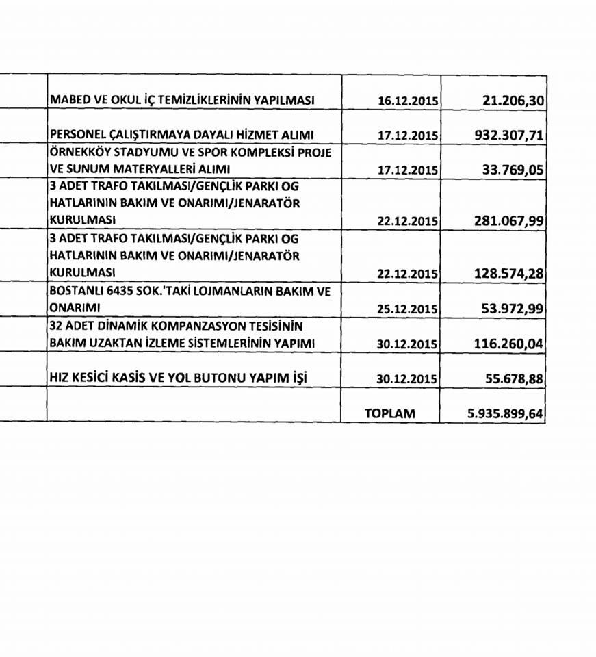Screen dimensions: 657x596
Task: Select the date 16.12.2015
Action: coord(408,101)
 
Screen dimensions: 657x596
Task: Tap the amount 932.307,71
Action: coord(508,136)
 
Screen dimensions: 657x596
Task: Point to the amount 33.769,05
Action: coord(512,168)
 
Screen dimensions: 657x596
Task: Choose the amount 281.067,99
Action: coord(508,220)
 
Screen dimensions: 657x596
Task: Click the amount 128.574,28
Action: coord(508,273)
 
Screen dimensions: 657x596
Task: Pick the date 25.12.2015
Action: coord(408,309)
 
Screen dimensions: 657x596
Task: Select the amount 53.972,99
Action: coord(512,308)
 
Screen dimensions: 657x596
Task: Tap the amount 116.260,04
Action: coord(508,343)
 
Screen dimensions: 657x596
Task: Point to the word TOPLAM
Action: coord(391,413)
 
